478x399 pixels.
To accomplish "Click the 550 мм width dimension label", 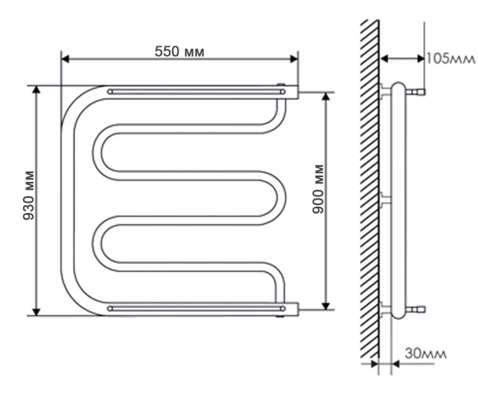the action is (179, 51).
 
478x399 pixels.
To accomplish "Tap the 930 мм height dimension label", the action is (29, 196).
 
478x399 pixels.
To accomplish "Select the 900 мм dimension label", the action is (319, 189).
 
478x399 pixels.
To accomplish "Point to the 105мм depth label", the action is (451, 58).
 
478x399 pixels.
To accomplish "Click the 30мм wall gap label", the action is (425, 354).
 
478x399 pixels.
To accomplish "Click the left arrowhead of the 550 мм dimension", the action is (65, 59).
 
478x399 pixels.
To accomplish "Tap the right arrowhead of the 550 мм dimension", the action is (294, 59).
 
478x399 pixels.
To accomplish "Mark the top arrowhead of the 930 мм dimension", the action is (37, 90).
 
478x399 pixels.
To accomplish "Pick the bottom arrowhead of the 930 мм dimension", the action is (37, 312).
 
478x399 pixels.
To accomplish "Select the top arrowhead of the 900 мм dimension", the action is (326, 97).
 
